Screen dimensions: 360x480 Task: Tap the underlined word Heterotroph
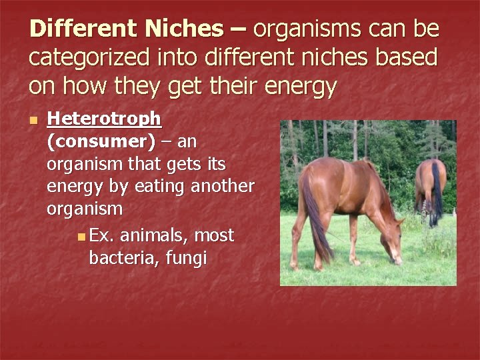[x=104, y=119]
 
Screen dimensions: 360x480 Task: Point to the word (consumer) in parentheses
[x=101, y=141]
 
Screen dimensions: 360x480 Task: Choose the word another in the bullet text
[x=223, y=186]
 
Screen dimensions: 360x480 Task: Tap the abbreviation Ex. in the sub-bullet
[x=101, y=235]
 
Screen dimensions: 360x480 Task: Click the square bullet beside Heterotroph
[x=34, y=121]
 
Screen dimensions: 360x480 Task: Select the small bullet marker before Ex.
[x=81, y=236]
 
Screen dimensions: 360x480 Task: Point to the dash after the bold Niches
[x=239, y=29]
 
